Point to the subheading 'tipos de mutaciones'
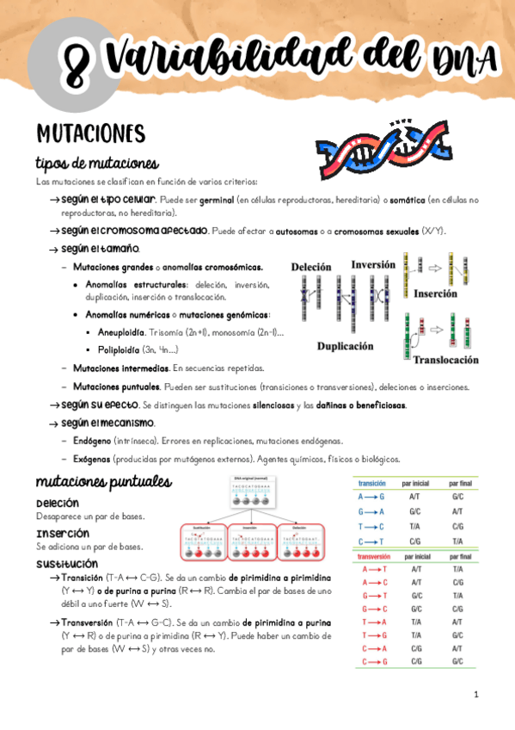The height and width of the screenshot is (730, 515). coord(96,164)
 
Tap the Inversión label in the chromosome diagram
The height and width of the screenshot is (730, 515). coord(372,265)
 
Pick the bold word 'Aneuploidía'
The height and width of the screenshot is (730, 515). coord(121,332)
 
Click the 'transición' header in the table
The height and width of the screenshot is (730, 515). coord(371,484)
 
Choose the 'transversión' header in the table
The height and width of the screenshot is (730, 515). coord(375,556)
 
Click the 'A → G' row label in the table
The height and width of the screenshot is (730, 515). coord(371,497)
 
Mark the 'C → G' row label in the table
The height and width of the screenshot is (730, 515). coord(371,661)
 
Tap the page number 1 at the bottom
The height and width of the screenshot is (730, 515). coord(475,694)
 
